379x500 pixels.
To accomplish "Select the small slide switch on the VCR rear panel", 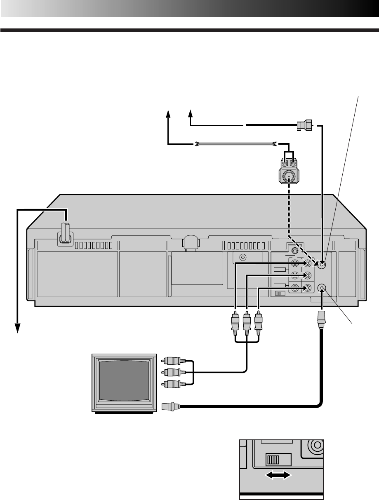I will (280, 294).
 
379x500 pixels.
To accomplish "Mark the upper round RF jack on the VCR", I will (322, 265).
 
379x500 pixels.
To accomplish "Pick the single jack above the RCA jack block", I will (294, 249).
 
